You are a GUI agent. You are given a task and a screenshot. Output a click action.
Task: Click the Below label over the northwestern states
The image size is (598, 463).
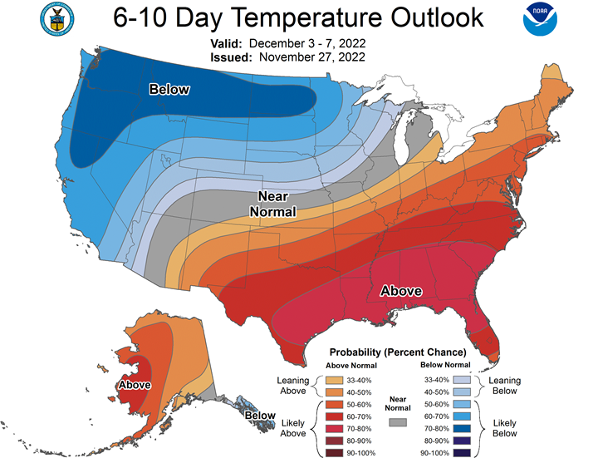169,89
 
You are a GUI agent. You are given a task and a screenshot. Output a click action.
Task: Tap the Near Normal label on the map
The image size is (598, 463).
273,203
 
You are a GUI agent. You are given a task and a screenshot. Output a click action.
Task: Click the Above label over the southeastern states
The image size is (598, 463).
401,291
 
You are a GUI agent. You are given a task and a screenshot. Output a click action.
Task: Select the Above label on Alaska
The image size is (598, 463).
135,386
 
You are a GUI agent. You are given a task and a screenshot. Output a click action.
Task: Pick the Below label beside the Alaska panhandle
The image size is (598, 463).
260,416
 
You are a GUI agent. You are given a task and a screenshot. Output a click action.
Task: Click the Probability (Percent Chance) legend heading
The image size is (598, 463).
398,352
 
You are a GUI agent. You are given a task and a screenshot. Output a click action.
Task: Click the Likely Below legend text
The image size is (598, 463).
505,427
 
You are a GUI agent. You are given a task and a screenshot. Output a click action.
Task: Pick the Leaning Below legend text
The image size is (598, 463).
505,385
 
